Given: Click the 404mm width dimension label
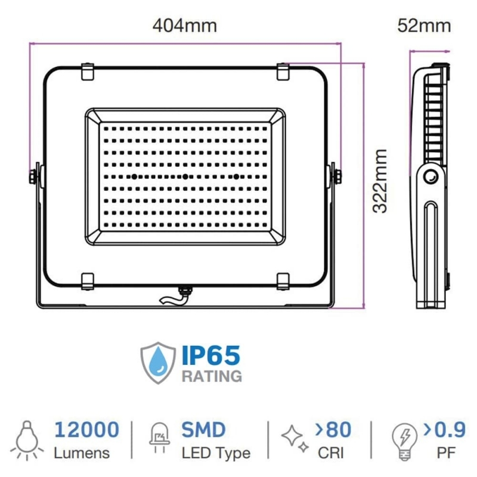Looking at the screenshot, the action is (x=185, y=26).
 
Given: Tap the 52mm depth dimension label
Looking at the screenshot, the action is (x=424, y=26).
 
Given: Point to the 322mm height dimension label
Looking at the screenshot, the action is (x=380, y=181).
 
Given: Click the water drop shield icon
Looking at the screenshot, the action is (x=158, y=363).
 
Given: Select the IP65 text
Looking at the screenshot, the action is (x=211, y=355).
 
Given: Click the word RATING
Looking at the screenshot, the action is (x=212, y=376).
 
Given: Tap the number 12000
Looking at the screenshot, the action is (x=86, y=429).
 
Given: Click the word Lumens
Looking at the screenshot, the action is (x=82, y=453).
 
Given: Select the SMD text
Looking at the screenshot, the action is (x=203, y=429).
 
